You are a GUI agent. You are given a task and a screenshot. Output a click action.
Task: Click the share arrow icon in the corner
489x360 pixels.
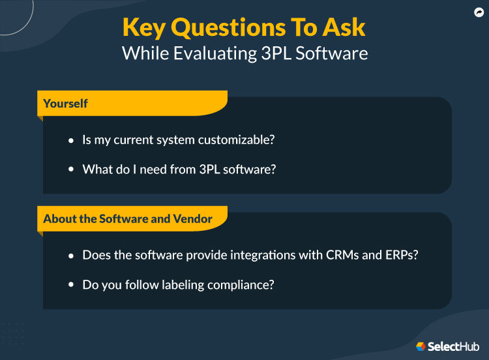click(478, 12)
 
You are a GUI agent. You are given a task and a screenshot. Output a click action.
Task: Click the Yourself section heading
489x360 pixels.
click(65, 103)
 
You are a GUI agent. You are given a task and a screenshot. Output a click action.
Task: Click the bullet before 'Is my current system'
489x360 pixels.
click(72, 141)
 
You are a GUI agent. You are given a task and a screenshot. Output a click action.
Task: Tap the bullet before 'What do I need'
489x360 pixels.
click(72, 170)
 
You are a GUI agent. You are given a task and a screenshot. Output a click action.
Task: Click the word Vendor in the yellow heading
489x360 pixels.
click(193, 218)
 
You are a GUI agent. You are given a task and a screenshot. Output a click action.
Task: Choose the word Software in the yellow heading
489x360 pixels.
click(124, 218)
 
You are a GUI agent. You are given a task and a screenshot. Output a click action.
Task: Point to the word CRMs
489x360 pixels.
click(342, 255)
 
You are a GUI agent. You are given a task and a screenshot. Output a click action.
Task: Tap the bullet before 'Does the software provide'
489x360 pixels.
click(72, 256)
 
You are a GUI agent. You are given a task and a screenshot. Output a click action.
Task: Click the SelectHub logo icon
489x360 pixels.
click(421, 346)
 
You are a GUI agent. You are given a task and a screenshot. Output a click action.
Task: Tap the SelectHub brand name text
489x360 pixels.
click(454, 346)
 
